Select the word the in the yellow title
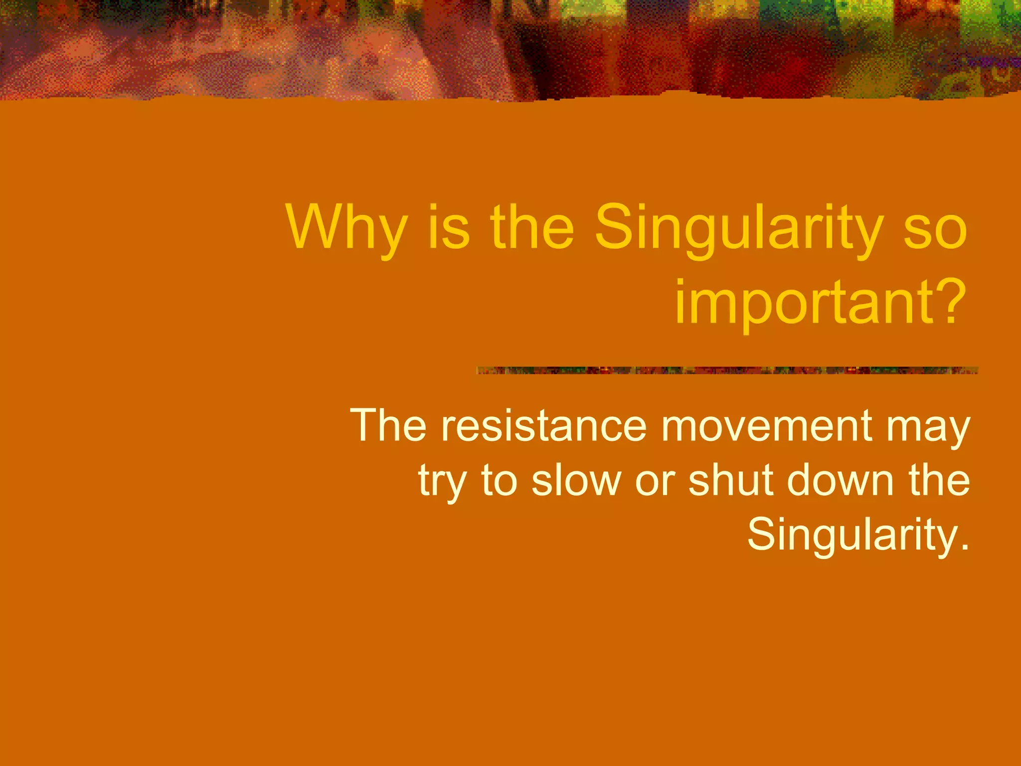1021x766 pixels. click(x=532, y=228)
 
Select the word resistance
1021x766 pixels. click(x=543, y=425)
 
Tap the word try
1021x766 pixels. click(x=442, y=481)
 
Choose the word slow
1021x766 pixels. click(x=576, y=480)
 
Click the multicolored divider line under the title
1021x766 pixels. click(x=727, y=370)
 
